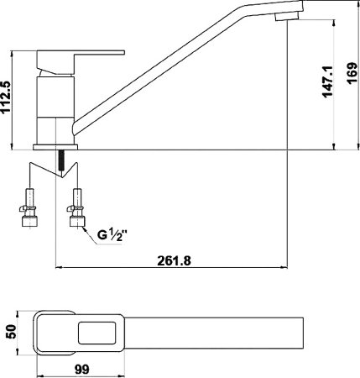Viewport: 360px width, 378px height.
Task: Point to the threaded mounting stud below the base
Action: tap(60, 160)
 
